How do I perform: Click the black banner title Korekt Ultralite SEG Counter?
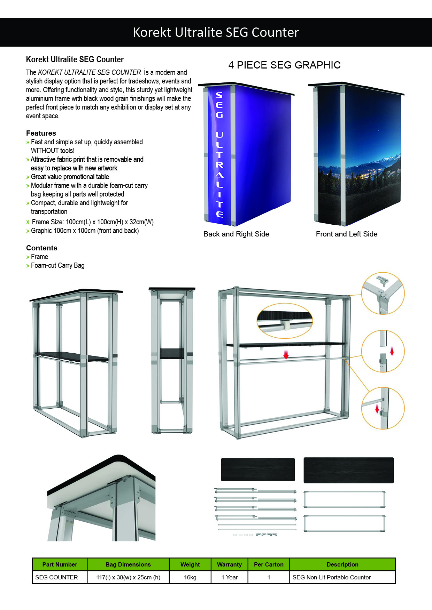point(216,32)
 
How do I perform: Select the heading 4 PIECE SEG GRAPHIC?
point(284,65)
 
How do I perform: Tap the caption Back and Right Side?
point(236,234)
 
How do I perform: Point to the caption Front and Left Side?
point(346,234)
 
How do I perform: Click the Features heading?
point(41,133)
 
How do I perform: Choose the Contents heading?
point(41,248)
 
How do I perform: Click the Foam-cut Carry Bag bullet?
point(57,265)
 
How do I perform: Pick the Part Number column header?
point(60,564)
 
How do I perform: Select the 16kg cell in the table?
point(190,577)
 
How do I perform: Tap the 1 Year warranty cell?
point(229,577)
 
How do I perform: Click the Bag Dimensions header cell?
point(128,564)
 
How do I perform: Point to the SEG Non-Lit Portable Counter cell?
point(331,577)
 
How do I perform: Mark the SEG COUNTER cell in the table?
point(56,577)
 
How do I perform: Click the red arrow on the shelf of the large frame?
point(286,354)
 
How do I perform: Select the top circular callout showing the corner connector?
point(383,294)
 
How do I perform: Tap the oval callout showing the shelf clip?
point(285,320)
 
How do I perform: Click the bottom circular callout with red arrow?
point(383,408)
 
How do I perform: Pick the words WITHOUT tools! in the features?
point(53,151)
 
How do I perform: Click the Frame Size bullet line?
point(92,222)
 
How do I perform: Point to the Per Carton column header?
point(269,564)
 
